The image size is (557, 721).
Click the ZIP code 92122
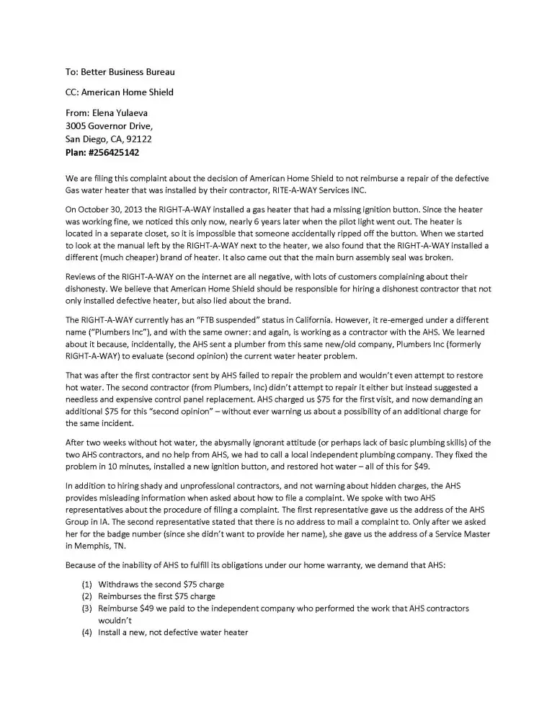138,139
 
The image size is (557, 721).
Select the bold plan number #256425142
117,153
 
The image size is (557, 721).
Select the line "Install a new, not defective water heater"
173,633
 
